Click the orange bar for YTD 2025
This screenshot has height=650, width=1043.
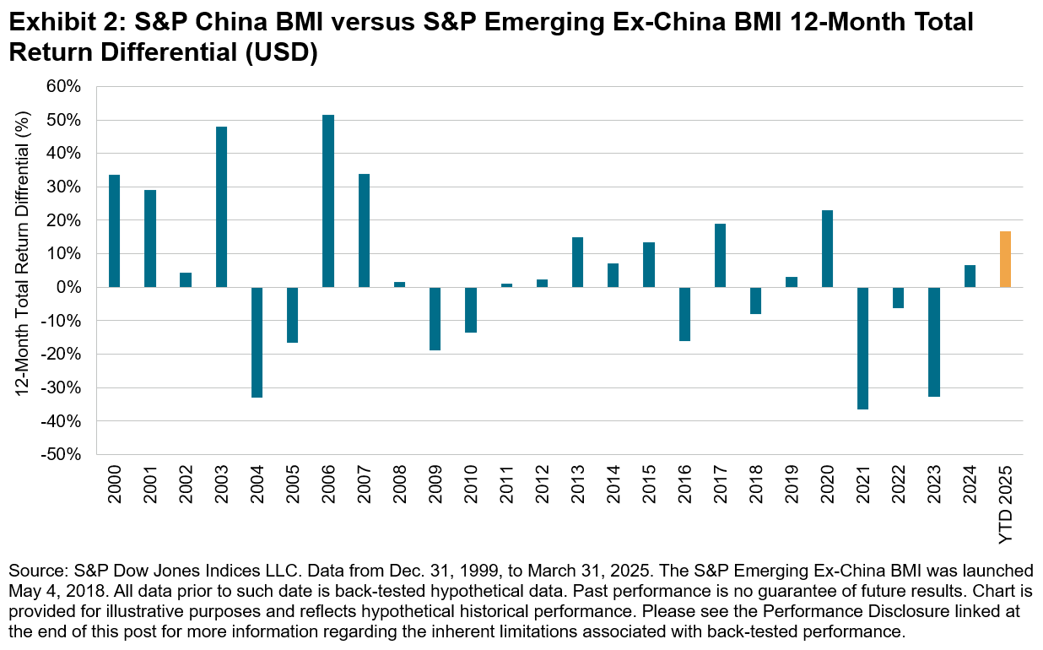tap(1005, 259)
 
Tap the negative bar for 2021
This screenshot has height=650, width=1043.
tap(862, 348)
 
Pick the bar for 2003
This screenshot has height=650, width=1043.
tap(221, 207)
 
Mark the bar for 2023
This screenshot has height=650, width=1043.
tap(934, 342)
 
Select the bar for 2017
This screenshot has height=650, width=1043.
tap(720, 255)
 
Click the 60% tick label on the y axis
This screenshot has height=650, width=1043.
tap(64, 86)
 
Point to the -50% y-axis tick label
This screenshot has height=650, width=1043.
tap(62, 454)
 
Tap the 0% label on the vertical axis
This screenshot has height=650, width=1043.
tap(70, 287)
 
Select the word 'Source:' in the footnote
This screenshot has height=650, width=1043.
tap(33, 570)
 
